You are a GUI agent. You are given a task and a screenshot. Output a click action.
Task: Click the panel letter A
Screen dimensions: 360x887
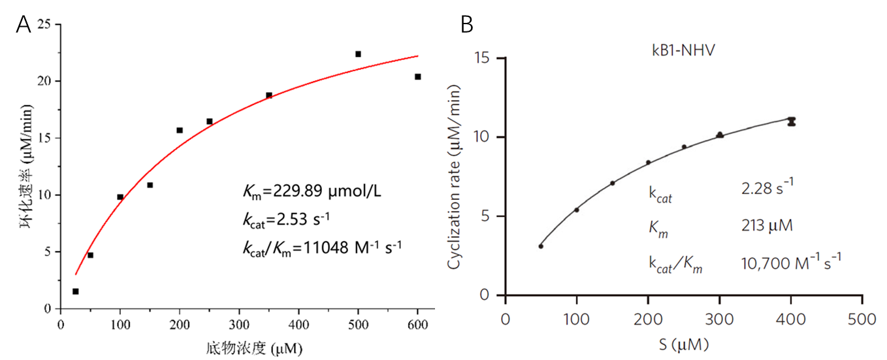[24, 26]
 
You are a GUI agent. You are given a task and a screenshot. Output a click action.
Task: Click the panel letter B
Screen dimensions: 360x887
[467, 25]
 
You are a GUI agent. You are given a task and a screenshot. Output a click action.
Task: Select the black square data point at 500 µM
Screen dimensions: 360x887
[358, 54]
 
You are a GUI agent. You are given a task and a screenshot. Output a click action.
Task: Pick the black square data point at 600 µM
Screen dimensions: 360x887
[418, 76]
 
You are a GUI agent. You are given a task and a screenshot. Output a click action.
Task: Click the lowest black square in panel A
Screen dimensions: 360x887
[76, 291]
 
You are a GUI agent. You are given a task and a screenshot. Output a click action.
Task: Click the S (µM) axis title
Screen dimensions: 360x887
[684, 344]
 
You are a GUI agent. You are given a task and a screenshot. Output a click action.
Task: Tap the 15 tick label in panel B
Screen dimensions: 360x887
[484, 58]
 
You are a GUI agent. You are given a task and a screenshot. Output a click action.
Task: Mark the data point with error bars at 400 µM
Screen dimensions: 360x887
[792, 121]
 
